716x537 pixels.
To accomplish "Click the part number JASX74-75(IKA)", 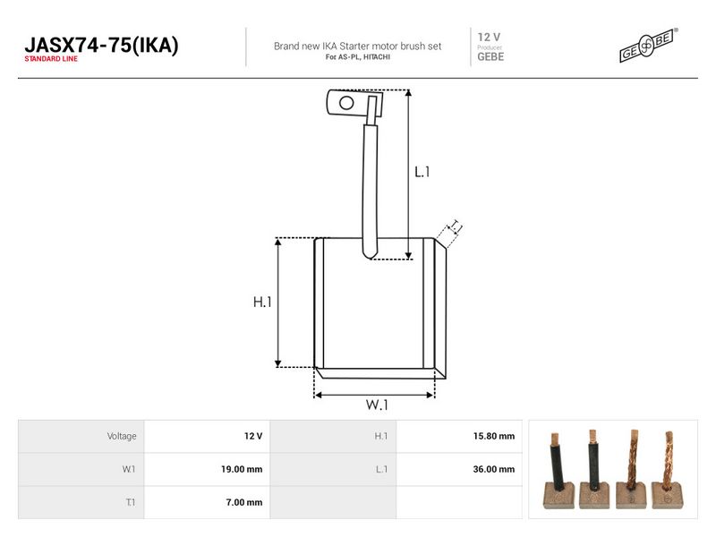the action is point(101,46).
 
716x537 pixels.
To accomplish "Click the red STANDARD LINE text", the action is point(51,59).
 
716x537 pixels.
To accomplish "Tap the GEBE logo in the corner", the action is point(648,46).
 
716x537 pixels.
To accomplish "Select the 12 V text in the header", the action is point(489,37).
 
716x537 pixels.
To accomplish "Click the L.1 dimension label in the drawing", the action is point(422,172).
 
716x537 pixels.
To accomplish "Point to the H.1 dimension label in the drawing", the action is point(262,302).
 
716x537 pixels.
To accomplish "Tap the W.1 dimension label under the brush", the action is point(377,405).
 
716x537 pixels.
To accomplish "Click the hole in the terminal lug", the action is point(346,103).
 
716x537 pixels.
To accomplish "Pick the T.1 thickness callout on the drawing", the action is point(455,226).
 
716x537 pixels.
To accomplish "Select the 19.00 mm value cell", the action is point(242,469).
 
